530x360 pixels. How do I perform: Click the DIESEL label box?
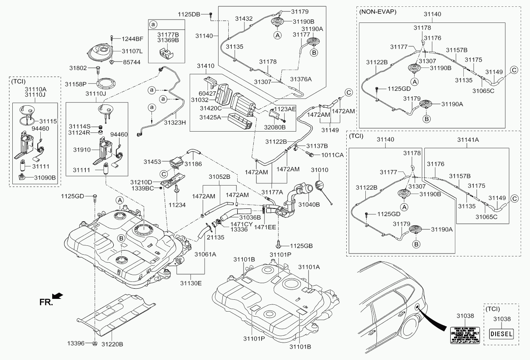pyautogui.click(x=502, y=334)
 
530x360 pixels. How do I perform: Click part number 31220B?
pyautogui.click(x=112, y=344)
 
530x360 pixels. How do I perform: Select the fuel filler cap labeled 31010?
pyautogui.click(x=321, y=187)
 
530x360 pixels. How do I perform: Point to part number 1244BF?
pyautogui.click(x=132, y=39)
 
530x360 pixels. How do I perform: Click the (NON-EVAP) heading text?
pyautogui.click(x=378, y=12)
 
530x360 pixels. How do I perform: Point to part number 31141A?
pyautogui.click(x=468, y=139)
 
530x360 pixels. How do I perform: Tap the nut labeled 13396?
pyautogui.click(x=95, y=343)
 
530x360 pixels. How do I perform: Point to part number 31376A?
pyautogui.click(x=301, y=79)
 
